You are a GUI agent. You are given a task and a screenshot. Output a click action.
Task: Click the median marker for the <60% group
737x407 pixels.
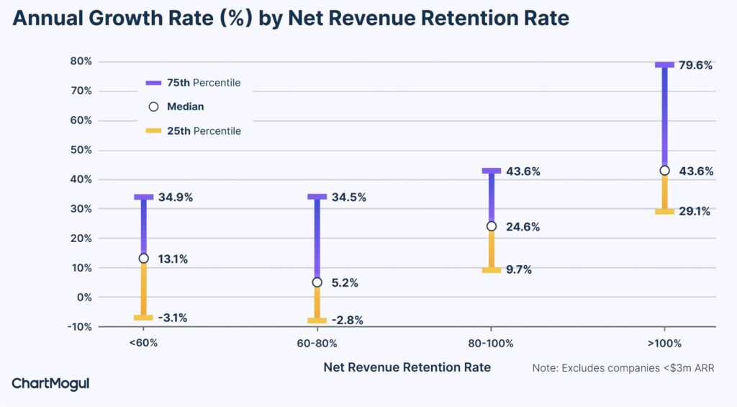[143, 259]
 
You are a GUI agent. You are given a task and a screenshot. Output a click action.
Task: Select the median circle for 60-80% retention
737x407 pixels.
[317, 282]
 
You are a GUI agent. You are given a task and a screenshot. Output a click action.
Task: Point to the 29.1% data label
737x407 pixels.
[694, 212]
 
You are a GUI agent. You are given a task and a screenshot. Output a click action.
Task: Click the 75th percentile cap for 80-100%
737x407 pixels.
[492, 171]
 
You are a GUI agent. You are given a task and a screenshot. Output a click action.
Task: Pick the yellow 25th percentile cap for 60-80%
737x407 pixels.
[317, 321]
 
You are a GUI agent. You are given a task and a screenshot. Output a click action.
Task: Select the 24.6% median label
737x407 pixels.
[523, 227]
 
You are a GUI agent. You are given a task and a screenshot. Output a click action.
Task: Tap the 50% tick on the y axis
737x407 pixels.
[81, 150]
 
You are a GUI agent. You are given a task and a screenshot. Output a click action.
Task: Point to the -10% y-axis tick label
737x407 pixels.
[78, 326]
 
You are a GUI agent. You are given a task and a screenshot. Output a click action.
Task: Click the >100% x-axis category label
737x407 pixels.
[664, 344]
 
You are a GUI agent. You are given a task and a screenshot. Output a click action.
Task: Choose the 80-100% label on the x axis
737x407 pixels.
[491, 344]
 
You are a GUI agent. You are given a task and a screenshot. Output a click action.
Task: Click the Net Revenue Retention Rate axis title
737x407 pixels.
[407, 367]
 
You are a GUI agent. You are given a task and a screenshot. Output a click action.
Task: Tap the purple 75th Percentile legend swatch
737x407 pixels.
[153, 83]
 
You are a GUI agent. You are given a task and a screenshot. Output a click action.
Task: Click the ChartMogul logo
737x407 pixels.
[50, 384]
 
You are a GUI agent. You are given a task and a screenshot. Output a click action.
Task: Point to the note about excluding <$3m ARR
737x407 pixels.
[623, 368]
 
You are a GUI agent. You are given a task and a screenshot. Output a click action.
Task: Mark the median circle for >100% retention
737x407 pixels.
[664, 171]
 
